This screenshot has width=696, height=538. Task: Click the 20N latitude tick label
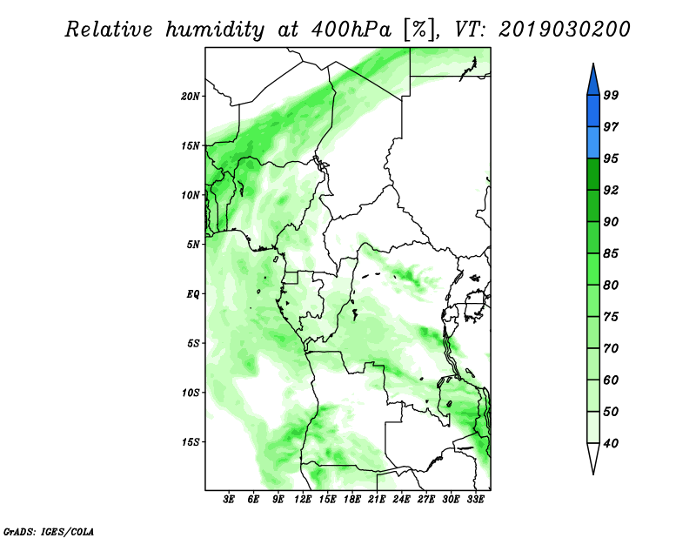click(x=191, y=97)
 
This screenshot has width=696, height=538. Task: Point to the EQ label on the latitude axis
click(x=192, y=294)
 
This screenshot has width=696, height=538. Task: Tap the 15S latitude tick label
click(x=191, y=442)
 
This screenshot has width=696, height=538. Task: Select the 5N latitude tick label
click(x=193, y=245)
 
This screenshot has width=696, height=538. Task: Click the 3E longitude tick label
click(x=229, y=500)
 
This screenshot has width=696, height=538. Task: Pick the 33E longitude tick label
click(x=475, y=500)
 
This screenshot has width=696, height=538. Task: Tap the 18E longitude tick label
click(x=352, y=500)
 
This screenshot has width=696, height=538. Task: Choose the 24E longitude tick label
click(x=401, y=500)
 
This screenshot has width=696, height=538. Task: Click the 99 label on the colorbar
click(x=611, y=95)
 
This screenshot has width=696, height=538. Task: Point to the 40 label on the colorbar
click(x=611, y=443)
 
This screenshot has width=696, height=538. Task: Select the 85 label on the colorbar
click(x=611, y=253)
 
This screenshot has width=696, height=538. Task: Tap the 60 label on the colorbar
click(x=611, y=380)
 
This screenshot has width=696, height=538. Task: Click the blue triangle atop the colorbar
click(x=593, y=82)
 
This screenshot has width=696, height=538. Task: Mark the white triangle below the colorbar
click(x=593, y=455)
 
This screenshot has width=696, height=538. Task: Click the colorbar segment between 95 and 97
click(x=593, y=143)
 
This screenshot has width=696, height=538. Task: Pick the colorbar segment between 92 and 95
click(x=593, y=174)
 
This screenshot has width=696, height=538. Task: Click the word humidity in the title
click(x=215, y=30)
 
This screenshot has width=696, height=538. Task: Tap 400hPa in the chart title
click(x=351, y=30)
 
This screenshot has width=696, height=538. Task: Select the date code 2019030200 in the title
click(x=564, y=30)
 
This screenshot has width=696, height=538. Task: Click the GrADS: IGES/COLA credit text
click(x=49, y=531)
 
